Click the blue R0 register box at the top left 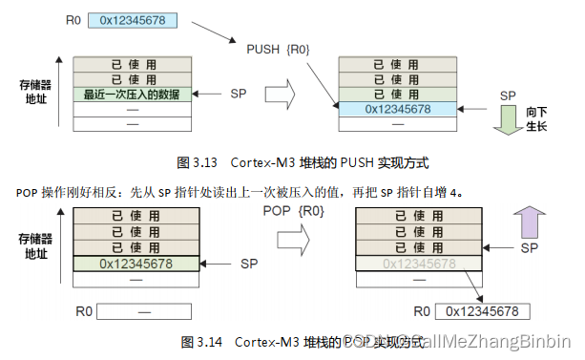134,19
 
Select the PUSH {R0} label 276,49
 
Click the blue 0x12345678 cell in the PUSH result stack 398,109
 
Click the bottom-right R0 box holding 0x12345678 482,311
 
